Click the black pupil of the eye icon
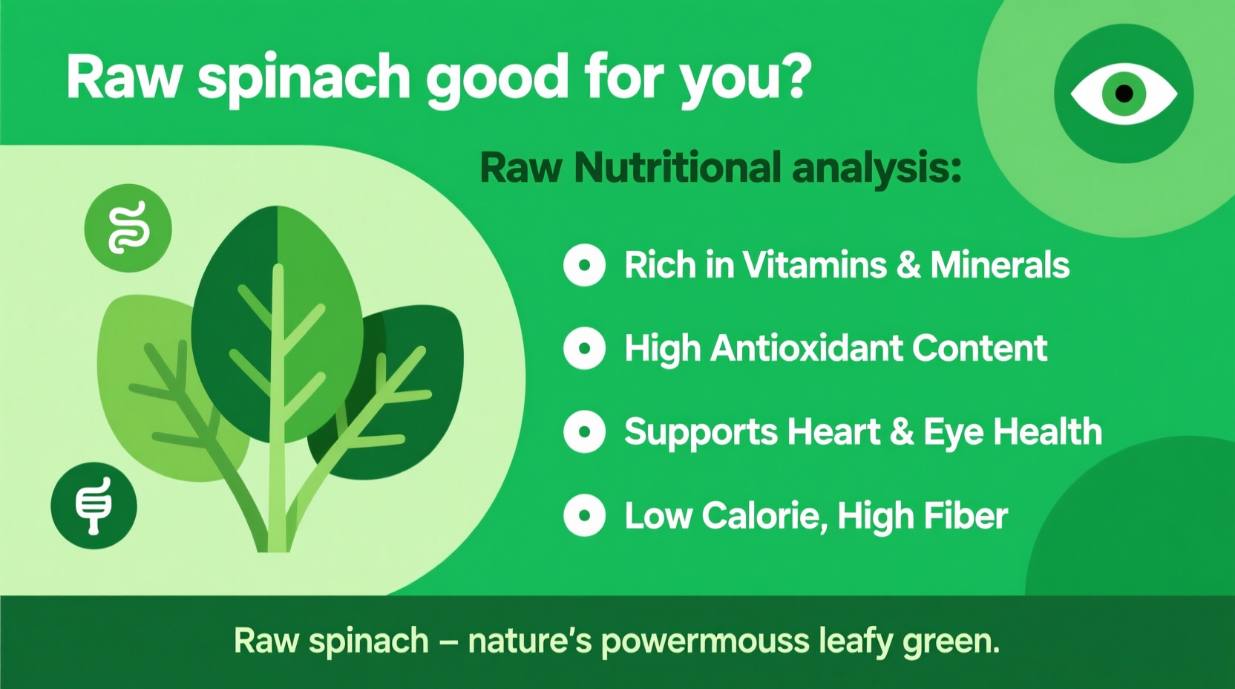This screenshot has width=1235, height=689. (x=1124, y=94)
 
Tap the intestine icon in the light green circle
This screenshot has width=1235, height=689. (x=128, y=228)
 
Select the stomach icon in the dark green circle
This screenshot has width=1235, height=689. (x=94, y=506)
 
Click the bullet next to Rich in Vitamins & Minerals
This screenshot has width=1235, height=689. (x=584, y=265)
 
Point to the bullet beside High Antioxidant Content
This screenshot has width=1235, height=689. (x=584, y=348)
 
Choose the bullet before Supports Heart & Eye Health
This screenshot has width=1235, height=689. (x=584, y=431)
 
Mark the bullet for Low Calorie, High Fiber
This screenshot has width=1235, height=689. (x=584, y=515)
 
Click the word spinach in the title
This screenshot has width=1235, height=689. (x=304, y=78)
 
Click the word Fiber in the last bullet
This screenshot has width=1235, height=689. (x=966, y=515)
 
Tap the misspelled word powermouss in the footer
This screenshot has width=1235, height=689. (x=704, y=641)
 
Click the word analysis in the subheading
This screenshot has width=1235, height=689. (x=877, y=169)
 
